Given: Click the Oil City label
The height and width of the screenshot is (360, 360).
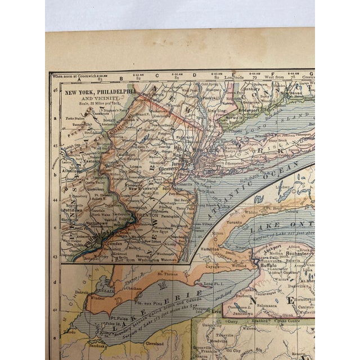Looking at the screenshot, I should click(x=235, y=350).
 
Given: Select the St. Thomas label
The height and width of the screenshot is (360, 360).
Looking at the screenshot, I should click(x=168, y=274).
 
